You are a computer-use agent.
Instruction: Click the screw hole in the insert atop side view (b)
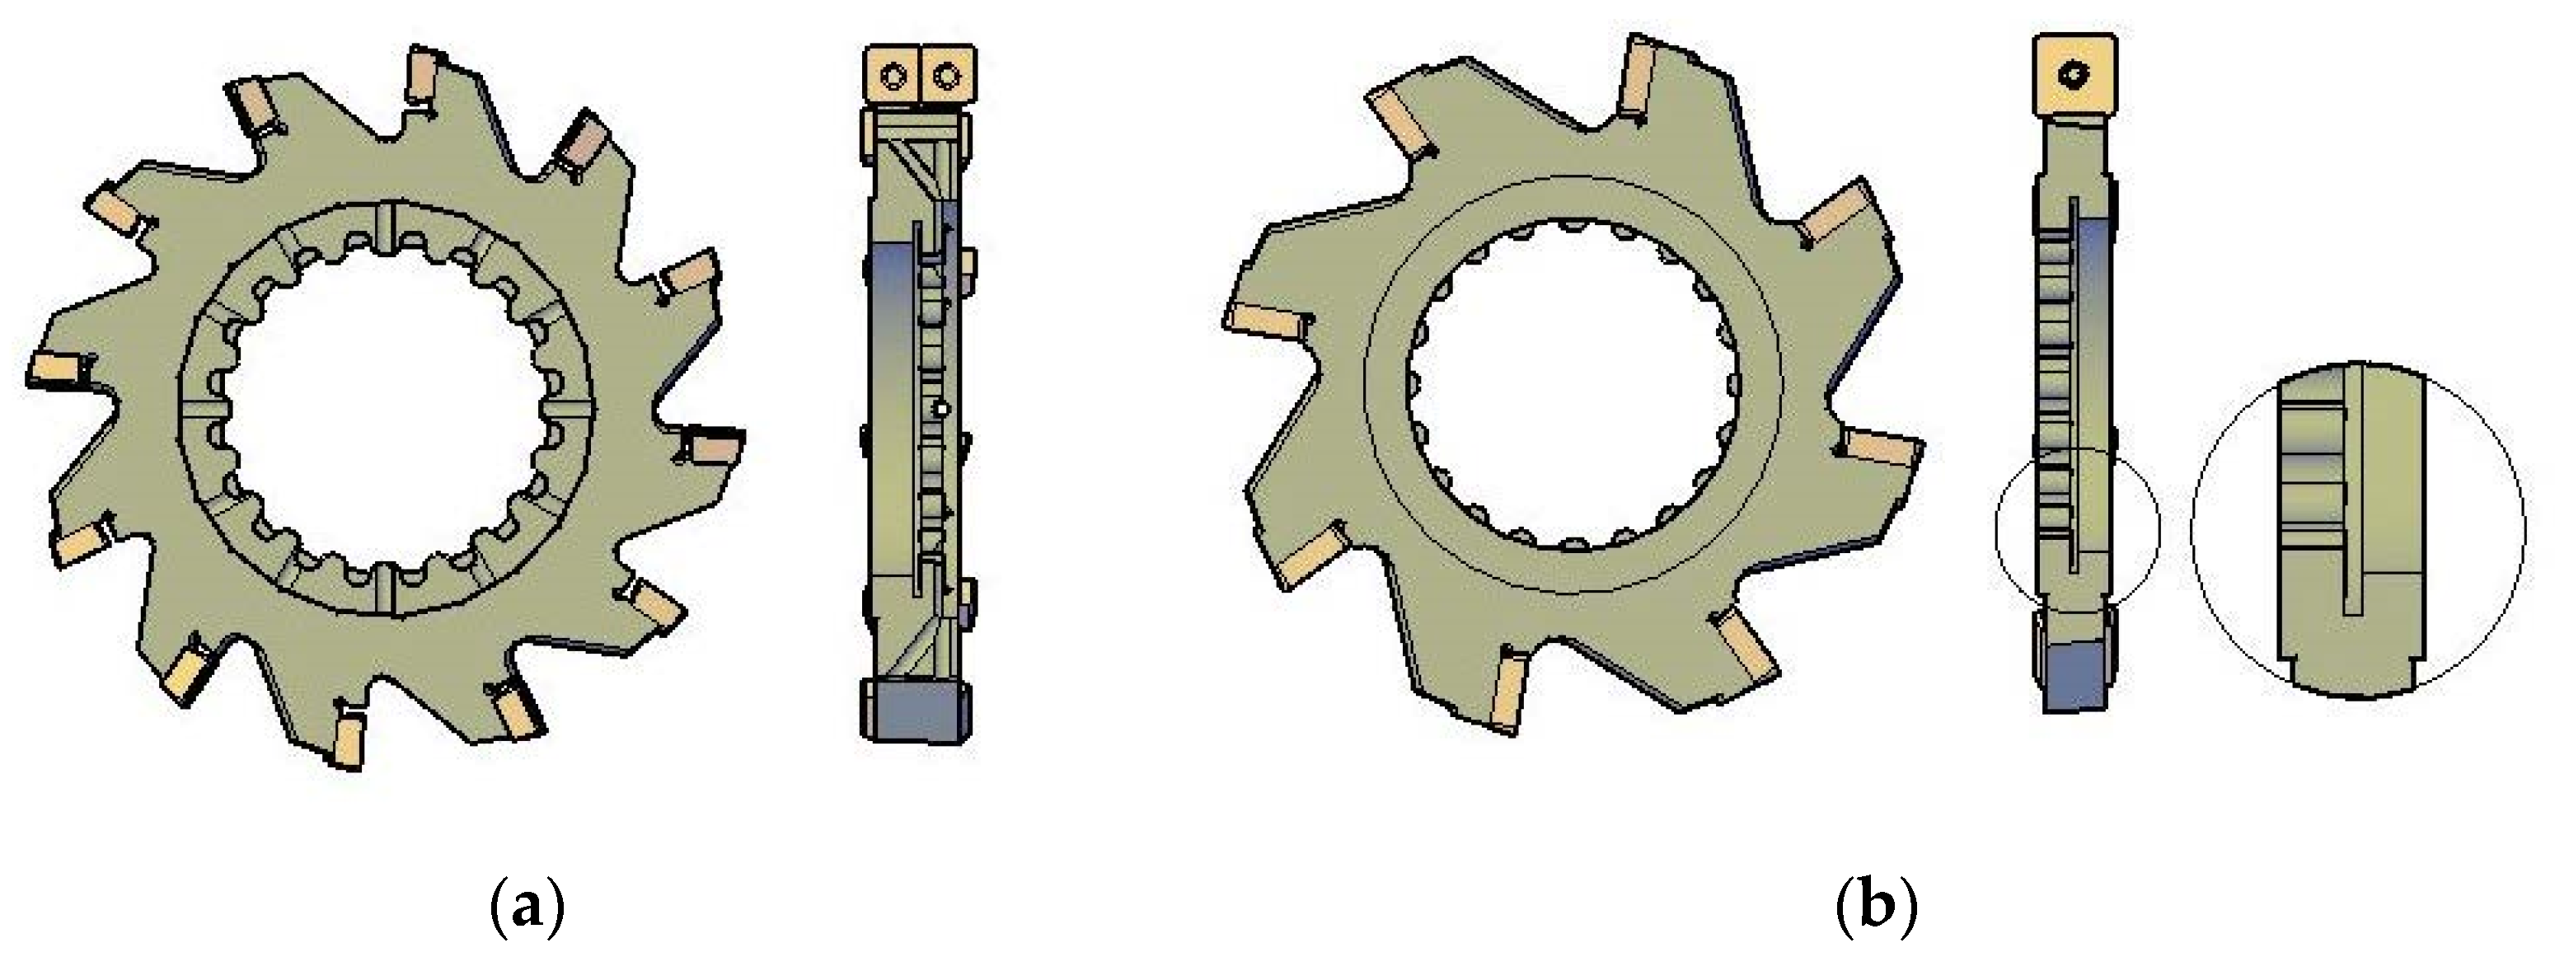pos(2076,74)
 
